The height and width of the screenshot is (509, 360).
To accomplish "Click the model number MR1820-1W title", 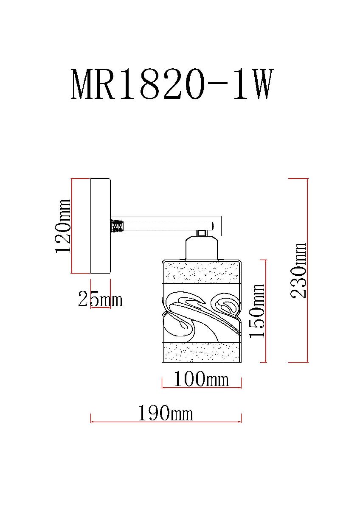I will (x=170, y=85).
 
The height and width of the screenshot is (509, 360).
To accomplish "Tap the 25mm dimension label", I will (x=100, y=300).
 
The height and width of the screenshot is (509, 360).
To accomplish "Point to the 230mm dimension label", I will (x=299, y=271).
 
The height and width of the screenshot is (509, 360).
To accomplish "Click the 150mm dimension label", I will (x=257, y=311).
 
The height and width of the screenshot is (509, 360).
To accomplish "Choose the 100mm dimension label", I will (x=201, y=379).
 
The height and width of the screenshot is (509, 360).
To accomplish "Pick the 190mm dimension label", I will (x=165, y=413).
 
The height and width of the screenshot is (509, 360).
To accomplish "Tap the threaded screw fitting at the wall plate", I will (x=117, y=226).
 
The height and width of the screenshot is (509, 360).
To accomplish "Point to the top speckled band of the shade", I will (x=202, y=272).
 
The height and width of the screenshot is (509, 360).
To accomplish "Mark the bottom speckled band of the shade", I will (x=202, y=352).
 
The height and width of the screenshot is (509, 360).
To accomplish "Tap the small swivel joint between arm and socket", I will (x=201, y=233).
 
